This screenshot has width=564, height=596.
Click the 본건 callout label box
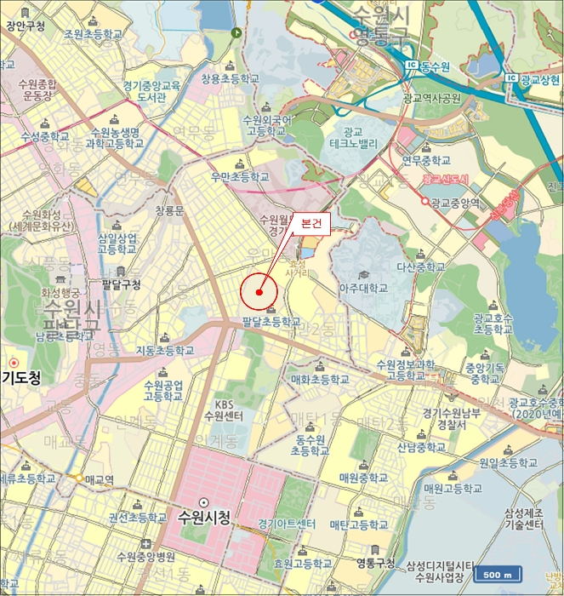tap(310, 224)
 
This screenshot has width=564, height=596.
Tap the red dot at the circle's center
tap(259, 292)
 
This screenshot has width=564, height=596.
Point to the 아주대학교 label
tap(363, 288)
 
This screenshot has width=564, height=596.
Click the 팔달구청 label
tap(120, 284)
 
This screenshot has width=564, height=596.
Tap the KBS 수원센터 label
tap(224, 410)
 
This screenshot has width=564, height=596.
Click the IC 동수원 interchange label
tap(426, 66)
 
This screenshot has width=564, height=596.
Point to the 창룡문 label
tap(169, 209)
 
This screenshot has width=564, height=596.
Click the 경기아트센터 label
tap(287, 523)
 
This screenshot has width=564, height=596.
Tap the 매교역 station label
tap(100, 479)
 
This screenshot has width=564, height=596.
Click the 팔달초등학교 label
tap(271, 322)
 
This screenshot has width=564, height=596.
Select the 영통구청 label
tap(376, 563)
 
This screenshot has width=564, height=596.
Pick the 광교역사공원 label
tap(431, 98)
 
